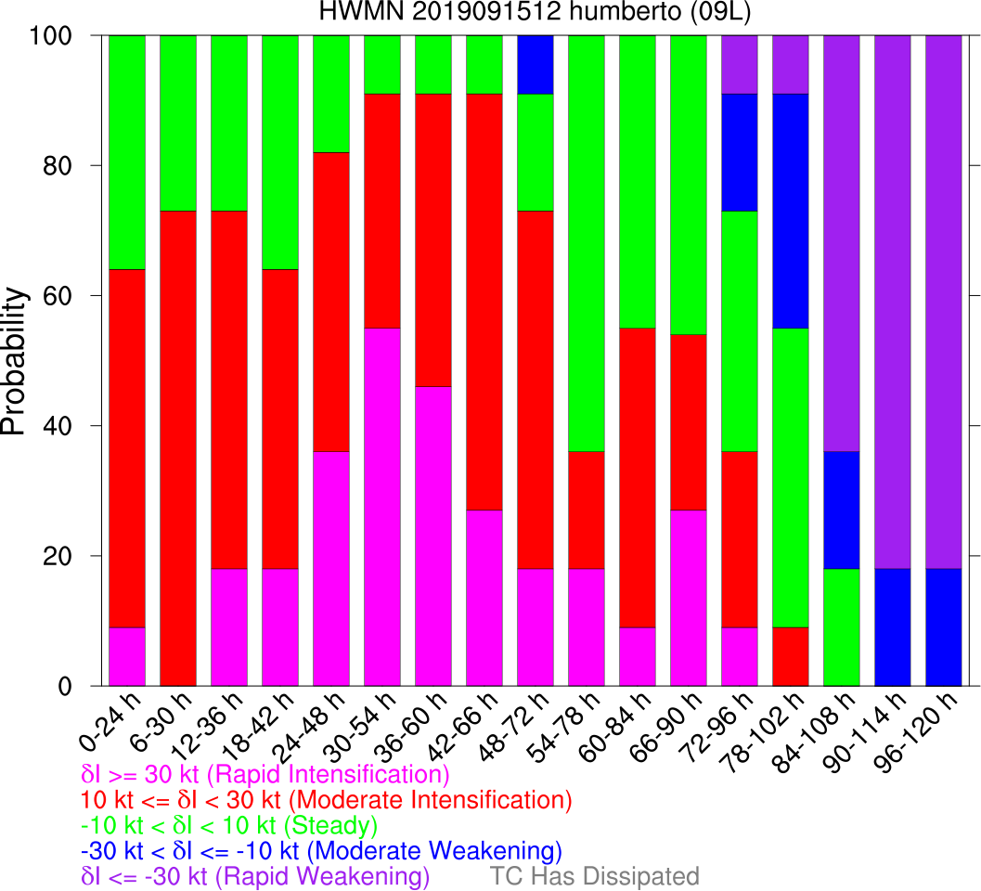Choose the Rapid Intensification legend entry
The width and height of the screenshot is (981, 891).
coord(265,774)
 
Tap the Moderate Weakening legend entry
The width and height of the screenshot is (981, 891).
coord(321,851)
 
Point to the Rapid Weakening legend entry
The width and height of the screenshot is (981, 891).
coord(255,876)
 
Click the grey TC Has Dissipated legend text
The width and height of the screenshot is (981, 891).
coord(594,876)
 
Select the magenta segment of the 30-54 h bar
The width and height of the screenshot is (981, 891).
coord(382,507)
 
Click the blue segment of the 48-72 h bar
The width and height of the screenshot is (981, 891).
coord(536,64)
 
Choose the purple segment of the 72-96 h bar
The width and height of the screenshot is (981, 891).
coord(740,64)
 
